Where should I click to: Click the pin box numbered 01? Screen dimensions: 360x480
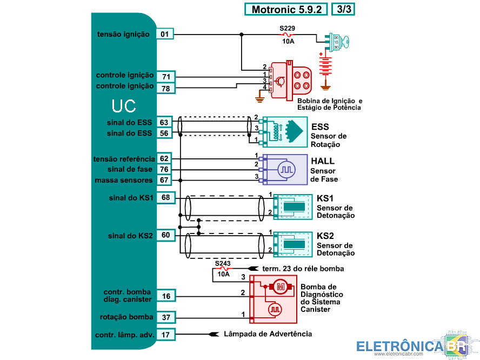pos(165,35)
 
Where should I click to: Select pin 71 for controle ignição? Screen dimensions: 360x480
pos(165,76)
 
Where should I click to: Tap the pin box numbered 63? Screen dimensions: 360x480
pos(165,122)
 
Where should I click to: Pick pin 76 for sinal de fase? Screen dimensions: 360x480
pos(165,169)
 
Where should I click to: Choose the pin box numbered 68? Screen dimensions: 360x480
pos(165,198)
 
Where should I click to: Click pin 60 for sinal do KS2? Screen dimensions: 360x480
pos(165,235)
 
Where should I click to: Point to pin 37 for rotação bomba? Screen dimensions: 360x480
pos(165,317)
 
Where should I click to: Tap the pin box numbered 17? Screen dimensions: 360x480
pos(165,335)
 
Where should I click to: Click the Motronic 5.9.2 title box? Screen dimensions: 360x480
pos(286,9)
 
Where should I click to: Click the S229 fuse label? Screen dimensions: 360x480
pos(287,28)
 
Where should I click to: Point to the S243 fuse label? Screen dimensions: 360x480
pos(223,263)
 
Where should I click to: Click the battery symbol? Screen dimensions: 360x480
pos(325,65)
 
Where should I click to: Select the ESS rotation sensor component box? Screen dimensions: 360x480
pos(284,131)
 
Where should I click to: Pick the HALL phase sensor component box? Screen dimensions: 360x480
pos(284,170)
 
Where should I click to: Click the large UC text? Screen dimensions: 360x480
pos(123,105)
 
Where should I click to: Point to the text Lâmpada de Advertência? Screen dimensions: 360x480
pos(268,334)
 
